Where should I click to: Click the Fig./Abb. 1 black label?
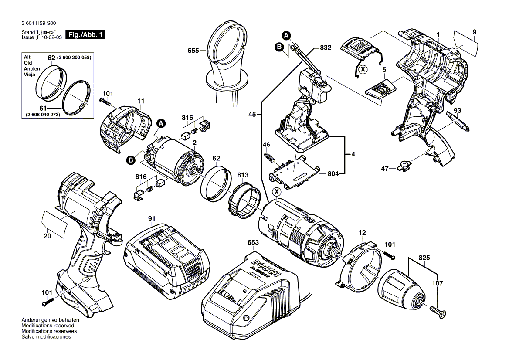85,35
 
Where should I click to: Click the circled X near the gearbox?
276,192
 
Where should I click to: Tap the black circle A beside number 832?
285,35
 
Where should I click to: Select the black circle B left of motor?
130,161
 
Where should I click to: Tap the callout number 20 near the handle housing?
47,237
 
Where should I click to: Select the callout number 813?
243,175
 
